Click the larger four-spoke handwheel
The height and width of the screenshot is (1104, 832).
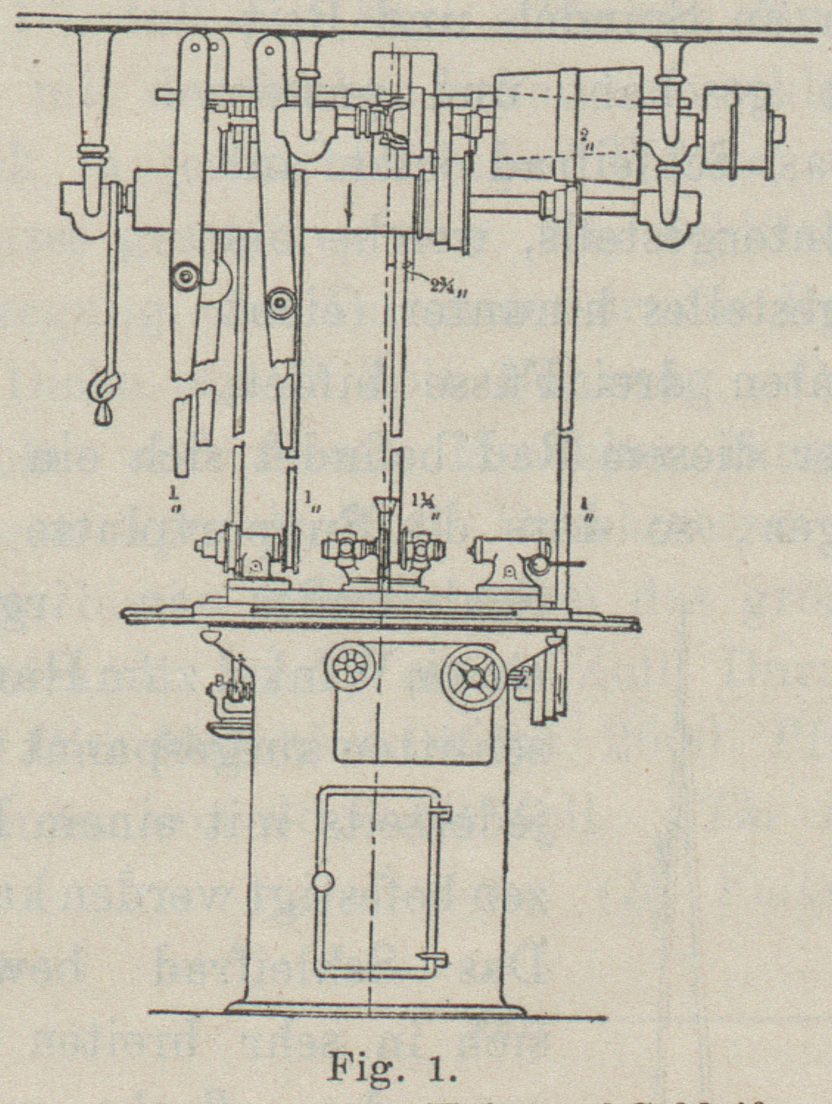(473, 675)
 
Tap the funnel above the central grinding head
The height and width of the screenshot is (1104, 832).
(383, 509)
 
